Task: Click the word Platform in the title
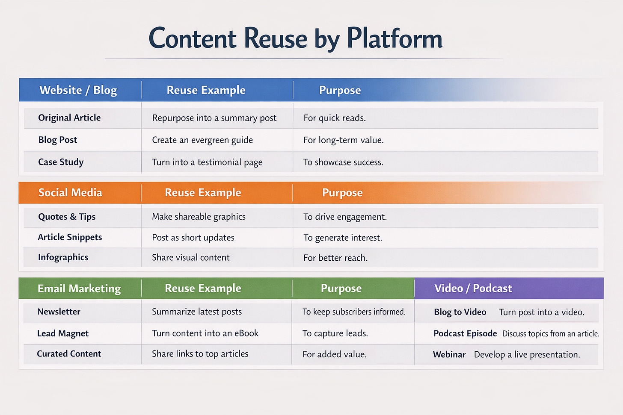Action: click(x=394, y=38)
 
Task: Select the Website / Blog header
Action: click(x=78, y=90)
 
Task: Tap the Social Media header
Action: click(x=70, y=193)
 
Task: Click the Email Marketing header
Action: click(x=79, y=288)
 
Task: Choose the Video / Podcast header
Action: click(x=473, y=288)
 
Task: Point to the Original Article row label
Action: click(x=69, y=118)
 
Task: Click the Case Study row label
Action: click(x=61, y=162)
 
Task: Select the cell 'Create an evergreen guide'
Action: click(x=202, y=140)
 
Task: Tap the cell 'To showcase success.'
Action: click(x=343, y=162)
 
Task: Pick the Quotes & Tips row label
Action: click(x=67, y=217)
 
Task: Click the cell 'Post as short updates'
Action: click(x=193, y=238)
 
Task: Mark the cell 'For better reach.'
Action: click(x=335, y=258)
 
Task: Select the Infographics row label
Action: click(x=63, y=257)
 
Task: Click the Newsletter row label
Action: click(x=59, y=312)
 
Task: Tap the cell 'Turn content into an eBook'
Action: click(x=205, y=333)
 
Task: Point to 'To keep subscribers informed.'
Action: click(x=354, y=312)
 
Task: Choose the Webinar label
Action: click(x=449, y=355)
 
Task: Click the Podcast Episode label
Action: click(x=465, y=333)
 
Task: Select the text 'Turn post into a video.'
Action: click(x=542, y=312)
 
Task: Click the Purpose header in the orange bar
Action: click(x=342, y=193)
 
